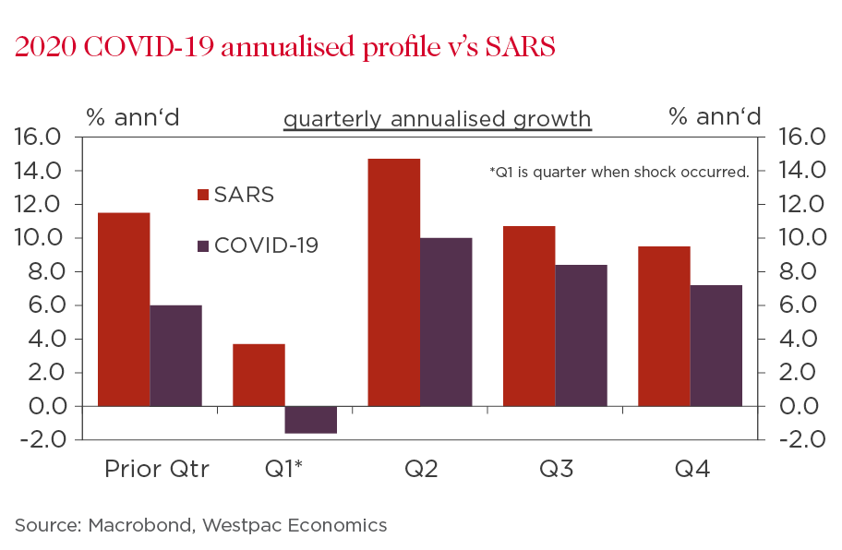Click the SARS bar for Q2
[x=394, y=282]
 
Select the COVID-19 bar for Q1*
[x=310, y=420]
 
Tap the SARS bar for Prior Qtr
[x=124, y=309]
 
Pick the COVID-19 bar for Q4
[x=716, y=345]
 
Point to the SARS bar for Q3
[x=529, y=316]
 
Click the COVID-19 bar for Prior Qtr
[x=175, y=355]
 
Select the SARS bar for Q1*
[x=259, y=375]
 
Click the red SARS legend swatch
[x=204, y=195]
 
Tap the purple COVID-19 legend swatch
[x=204, y=246]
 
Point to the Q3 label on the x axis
[x=557, y=469]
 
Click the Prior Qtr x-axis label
[x=156, y=469]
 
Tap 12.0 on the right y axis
[x=801, y=205]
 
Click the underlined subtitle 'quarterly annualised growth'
[x=437, y=119]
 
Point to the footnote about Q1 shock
[x=619, y=172]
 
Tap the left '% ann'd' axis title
[x=133, y=116]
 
